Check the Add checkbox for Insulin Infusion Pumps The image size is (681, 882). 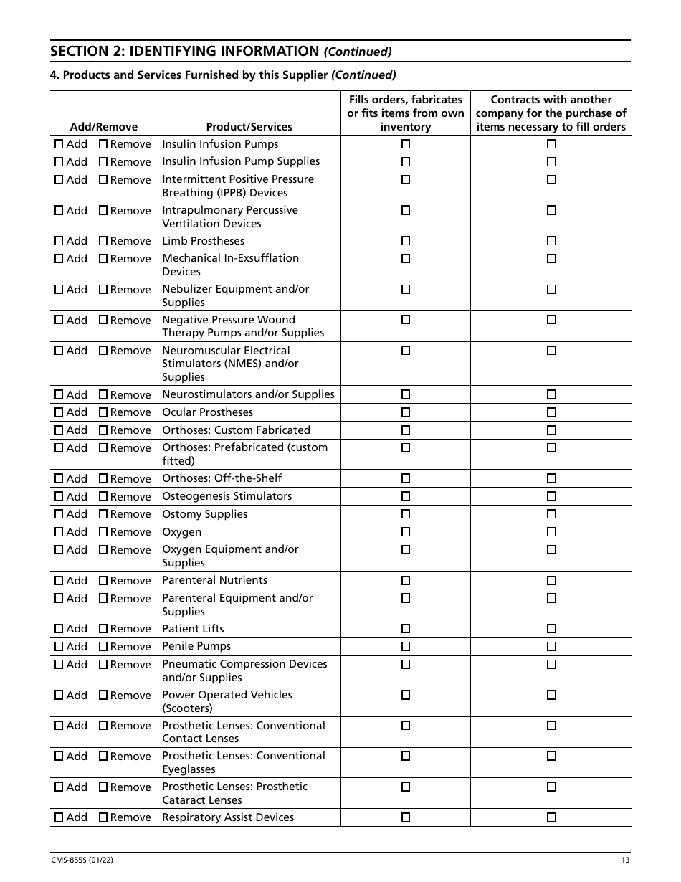click(59, 144)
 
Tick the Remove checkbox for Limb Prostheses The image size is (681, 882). click(103, 241)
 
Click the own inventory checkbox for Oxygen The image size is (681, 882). click(406, 532)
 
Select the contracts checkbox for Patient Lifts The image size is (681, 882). click(551, 629)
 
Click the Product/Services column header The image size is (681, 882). click(249, 127)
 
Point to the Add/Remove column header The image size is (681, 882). click(103, 127)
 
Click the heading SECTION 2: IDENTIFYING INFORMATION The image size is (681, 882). click(185, 51)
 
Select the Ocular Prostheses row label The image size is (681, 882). click(207, 412)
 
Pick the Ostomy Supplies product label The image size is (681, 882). click(204, 514)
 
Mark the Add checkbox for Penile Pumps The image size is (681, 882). click(59, 647)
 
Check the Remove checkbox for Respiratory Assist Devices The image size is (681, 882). click(103, 817)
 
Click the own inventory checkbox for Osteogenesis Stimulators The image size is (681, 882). click(406, 496)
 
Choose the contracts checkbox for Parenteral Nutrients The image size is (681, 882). click(551, 581)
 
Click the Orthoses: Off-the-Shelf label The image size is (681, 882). click(222, 478)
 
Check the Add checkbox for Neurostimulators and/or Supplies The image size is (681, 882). click(59, 395)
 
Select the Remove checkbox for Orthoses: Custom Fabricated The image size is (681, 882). click(103, 430)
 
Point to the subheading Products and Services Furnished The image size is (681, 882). click(195, 75)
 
